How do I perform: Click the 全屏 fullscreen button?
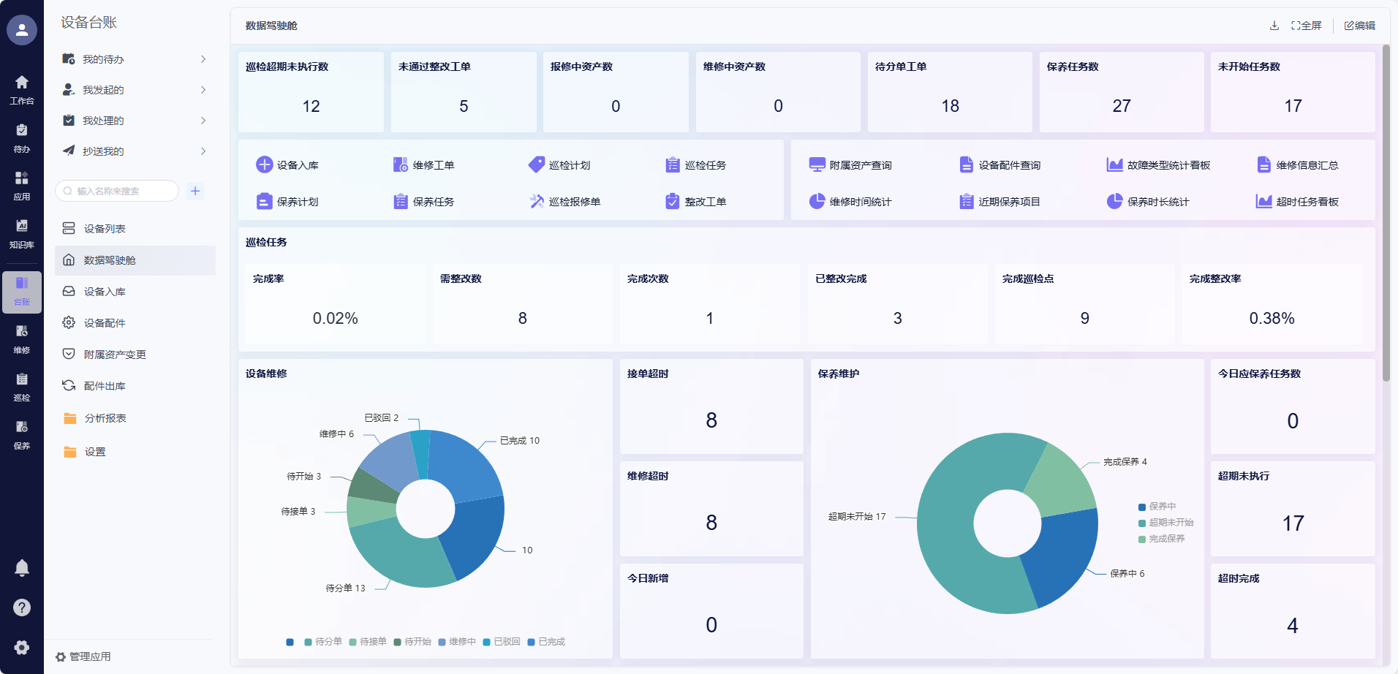click(1306, 26)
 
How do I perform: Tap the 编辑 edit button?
click(1359, 26)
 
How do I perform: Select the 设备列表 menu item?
click(105, 229)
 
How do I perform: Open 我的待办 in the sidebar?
click(103, 59)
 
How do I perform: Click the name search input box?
click(117, 191)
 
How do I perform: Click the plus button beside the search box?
click(195, 191)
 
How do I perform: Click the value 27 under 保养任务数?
click(1121, 106)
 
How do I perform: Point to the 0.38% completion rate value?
click(1272, 318)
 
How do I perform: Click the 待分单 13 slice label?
click(345, 588)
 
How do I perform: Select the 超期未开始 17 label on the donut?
click(856, 516)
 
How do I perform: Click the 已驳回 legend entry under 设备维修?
click(502, 642)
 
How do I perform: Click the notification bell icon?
click(22, 567)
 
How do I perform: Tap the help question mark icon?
click(22, 607)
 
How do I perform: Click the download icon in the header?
click(1274, 26)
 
